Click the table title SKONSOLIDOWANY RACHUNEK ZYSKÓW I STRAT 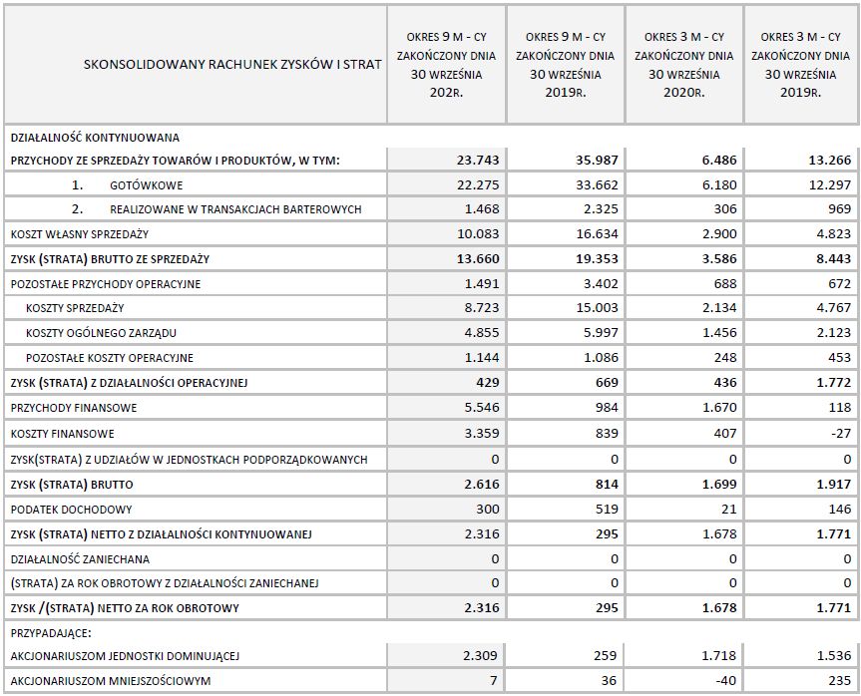[233, 65]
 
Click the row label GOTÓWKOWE [147, 185]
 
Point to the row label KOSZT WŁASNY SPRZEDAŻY [80, 234]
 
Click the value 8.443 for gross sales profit [831, 259]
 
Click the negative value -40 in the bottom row [724, 681]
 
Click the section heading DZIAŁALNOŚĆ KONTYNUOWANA [95, 138]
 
